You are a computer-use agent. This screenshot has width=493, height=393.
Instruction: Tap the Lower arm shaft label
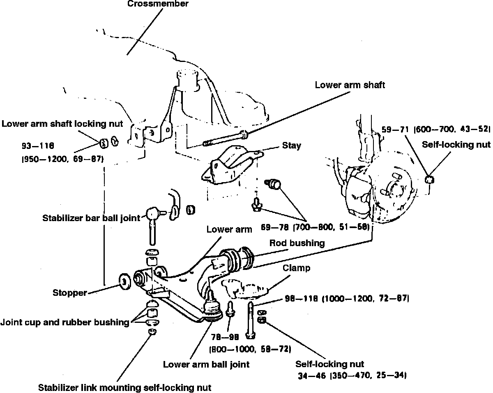click(x=350, y=85)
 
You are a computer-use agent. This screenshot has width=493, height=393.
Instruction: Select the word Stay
click(x=291, y=146)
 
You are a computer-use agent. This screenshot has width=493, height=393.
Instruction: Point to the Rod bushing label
click(x=297, y=243)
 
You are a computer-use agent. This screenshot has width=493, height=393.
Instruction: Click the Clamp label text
click(x=296, y=268)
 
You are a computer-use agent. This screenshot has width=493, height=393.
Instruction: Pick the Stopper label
click(x=70, y=293)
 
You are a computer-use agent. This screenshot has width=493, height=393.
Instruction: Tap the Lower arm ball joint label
click(x=206, y=364)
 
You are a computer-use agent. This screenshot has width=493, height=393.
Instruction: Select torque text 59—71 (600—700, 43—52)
click(x=435, y=129)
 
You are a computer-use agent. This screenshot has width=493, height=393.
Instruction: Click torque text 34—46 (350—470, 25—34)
click(x=352, y=375)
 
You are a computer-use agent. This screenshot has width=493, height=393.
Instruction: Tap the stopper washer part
click(x=124, y=280)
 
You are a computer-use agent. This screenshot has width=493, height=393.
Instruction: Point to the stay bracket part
click(x=230, y=164)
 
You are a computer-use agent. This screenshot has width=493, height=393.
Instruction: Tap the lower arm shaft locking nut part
click(x=104, y=142)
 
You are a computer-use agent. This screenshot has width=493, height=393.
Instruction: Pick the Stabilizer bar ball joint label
click(x=92, y=218)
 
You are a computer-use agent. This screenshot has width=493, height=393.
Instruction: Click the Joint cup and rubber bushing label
click(x=65, y=322)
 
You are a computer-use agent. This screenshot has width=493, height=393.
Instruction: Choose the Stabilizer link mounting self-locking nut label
click(x=124, y=387)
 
